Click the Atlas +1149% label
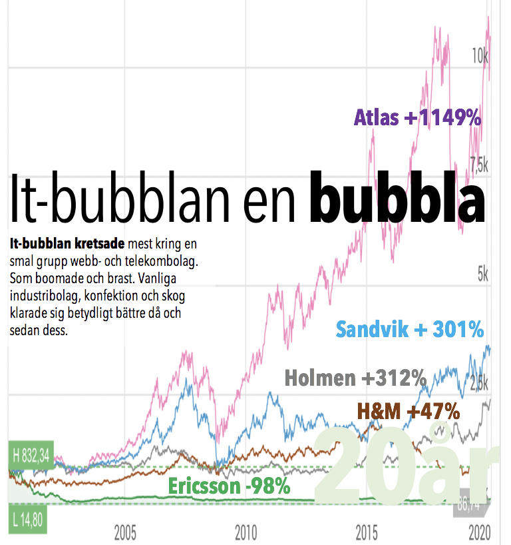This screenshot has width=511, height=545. point(417,119)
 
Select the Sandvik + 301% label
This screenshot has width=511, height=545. point(410,329)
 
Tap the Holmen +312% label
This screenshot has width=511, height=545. point(355,378)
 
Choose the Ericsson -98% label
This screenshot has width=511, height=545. point(229,486)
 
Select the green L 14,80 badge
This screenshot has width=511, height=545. point(27,519)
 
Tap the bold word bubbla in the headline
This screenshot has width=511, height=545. point(398,198)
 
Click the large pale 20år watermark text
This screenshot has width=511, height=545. point(411,466)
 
